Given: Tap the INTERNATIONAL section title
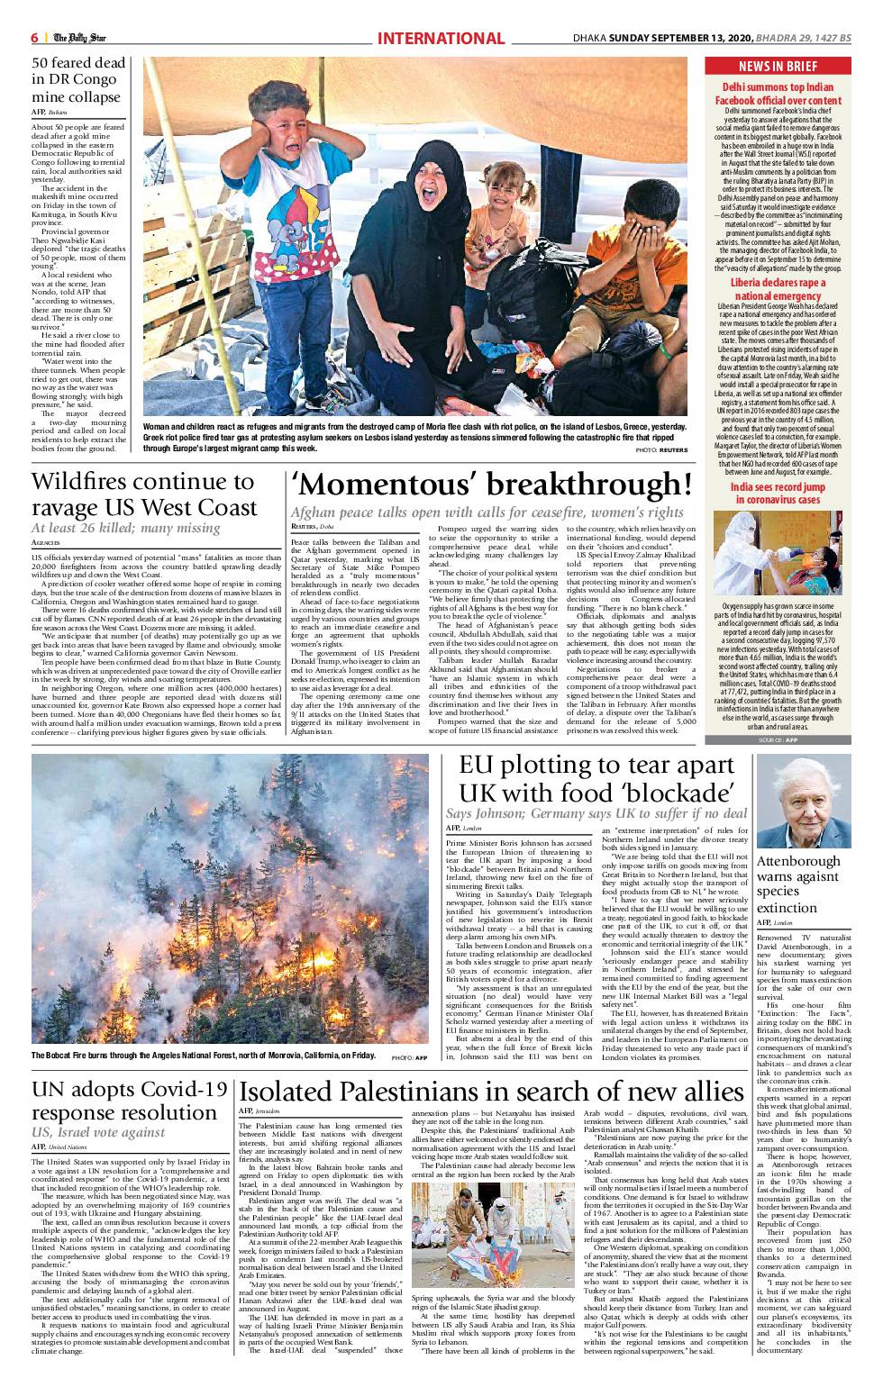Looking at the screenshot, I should pos(441,38).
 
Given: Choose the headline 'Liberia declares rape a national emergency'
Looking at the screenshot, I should pos(778,290).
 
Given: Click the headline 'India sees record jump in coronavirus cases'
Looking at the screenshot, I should pos(778,494).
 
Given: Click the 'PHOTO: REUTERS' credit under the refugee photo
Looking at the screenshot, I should pos(661,449).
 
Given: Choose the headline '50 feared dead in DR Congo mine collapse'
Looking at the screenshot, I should pos(78,81).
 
